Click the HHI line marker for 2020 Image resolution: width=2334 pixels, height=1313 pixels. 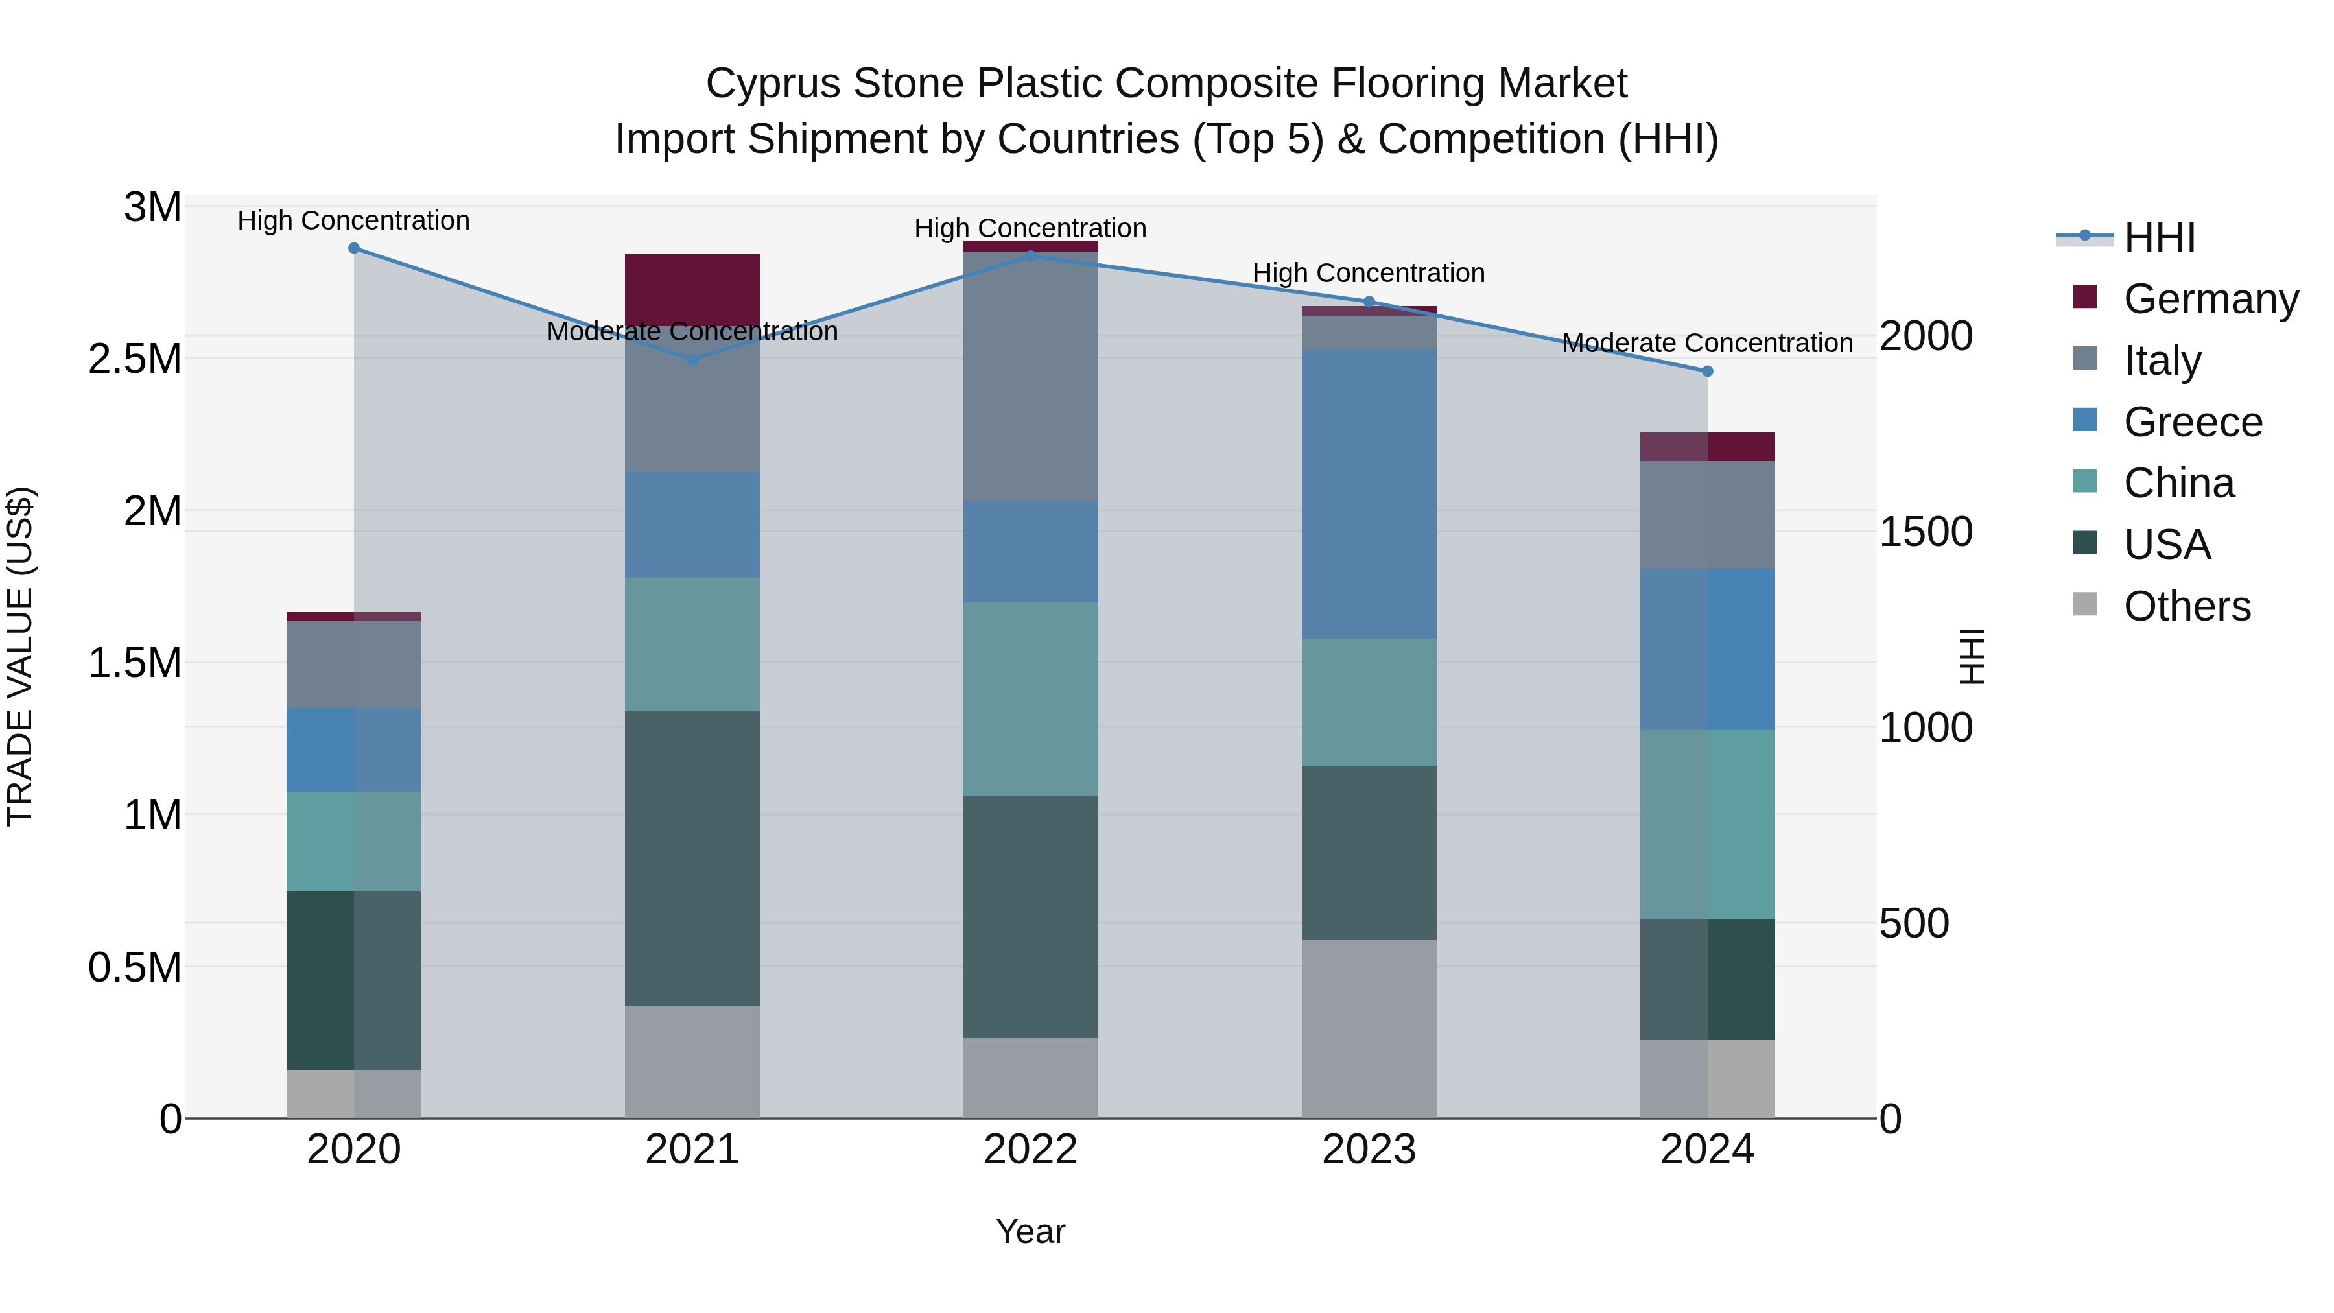click(354, 248)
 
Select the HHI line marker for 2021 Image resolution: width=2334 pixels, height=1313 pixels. click(692, 360)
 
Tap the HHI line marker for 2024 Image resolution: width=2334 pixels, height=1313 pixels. click(1708, 372)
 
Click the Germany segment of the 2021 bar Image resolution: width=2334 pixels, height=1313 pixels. click(692, 290)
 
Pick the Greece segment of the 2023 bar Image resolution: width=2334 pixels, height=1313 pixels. click(1369, 495)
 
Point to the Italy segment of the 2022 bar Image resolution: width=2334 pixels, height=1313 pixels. click(1030, 376)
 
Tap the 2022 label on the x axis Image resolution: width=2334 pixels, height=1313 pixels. click(1030, 1150)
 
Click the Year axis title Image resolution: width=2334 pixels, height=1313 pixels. click(1030, 1231)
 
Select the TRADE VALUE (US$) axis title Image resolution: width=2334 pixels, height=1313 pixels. click(20, 656)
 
